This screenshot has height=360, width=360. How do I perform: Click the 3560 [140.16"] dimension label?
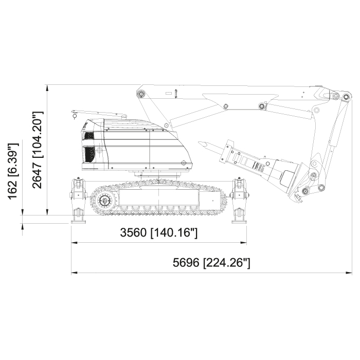click(158, 232)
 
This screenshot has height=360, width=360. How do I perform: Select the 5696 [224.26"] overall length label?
click(211, 262)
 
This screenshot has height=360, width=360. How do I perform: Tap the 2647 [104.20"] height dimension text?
click(37, 150)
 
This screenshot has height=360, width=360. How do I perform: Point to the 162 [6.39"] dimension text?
click(13, 171)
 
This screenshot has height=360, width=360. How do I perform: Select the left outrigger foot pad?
click(78, 222)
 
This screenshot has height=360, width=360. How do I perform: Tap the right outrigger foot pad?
click(239, 222)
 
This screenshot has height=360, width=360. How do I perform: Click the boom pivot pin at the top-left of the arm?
click(141, 94)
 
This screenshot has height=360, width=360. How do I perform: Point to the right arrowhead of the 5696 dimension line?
click(349, 273)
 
